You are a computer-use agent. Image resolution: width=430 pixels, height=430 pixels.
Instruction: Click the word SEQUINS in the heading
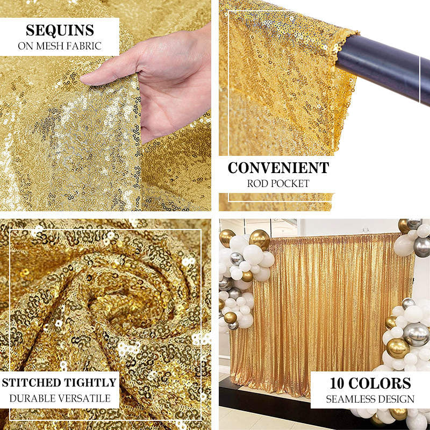60,30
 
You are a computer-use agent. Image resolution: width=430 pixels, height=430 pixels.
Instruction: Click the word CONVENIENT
278,168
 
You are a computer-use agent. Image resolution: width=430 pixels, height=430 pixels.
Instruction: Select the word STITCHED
32,383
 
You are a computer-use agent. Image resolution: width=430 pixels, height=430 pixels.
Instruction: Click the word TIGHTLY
90,383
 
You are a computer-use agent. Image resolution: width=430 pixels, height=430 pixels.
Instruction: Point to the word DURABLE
31,398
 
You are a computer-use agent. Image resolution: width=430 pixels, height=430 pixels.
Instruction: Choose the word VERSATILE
83,398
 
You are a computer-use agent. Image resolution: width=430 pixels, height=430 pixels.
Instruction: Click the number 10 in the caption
337,383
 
